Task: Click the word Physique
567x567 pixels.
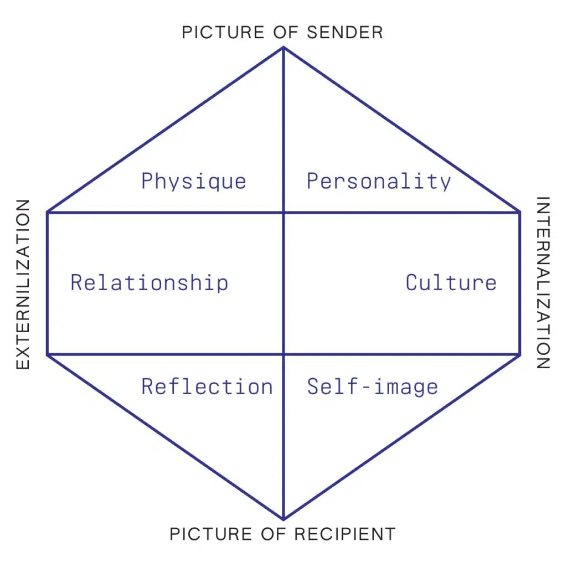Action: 193,182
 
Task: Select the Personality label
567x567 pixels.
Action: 379,182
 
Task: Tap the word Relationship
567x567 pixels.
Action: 149,283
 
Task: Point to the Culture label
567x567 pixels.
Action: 451,283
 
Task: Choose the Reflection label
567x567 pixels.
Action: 207,386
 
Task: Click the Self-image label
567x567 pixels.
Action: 372,386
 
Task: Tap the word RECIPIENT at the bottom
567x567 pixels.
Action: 345,534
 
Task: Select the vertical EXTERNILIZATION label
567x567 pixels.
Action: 23,285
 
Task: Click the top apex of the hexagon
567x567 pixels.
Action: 283,48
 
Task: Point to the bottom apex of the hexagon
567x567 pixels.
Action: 283,519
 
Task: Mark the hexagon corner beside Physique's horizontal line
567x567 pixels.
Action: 48,212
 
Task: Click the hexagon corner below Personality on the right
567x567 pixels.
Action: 519,212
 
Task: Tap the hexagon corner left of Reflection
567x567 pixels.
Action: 48,354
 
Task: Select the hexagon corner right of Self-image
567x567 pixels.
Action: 519,354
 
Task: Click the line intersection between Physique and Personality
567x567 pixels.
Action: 283,212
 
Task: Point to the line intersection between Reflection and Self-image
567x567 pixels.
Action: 283,354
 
